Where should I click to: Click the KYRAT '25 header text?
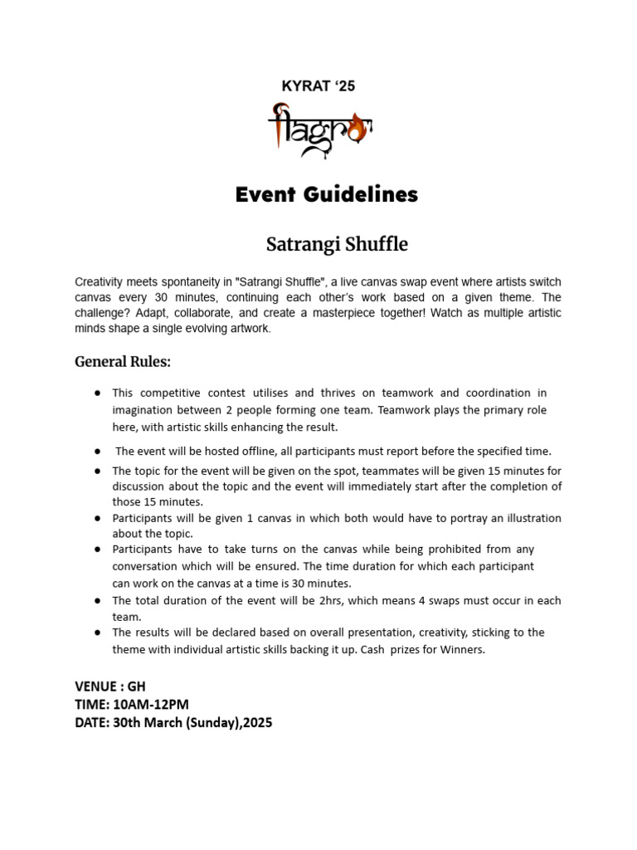click(x=318, y=87)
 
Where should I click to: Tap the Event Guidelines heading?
click(x=327, y=194)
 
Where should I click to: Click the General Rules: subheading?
click(x=123, y=361)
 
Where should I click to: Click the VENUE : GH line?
click(x=110, y=687)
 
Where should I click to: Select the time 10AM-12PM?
click(x=153, y=705)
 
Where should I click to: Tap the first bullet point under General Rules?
click(x=98, y=393)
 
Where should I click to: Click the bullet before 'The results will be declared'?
click(x=98, y=633)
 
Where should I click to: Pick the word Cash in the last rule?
click(x=377, y=650)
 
